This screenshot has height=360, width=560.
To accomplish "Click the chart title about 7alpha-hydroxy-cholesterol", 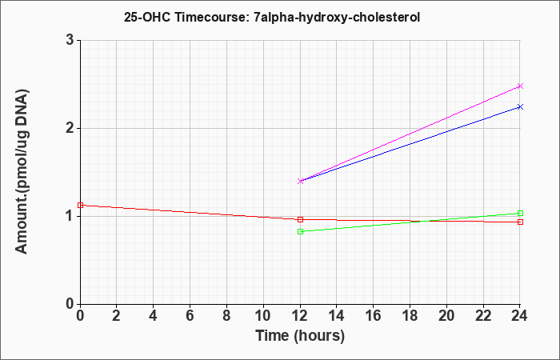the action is (x=272, y=17).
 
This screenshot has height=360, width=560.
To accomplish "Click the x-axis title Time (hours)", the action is (x=300, y=336).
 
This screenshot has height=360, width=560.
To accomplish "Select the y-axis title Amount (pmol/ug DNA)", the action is (x=22, y=171).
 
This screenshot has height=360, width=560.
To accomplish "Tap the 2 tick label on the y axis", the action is (x=70, y=128).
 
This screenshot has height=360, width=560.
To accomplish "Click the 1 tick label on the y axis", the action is (x=70, y=217).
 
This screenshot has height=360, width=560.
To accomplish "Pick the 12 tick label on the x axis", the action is (x=300, y=316).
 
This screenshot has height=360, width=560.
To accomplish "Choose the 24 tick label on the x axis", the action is (x=520, y=316).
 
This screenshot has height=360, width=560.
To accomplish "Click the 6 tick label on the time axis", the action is (x=190, y=316).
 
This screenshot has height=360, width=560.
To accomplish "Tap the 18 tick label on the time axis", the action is (x=410, y=316).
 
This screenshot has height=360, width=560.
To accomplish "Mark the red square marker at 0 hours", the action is (x=80, y=205).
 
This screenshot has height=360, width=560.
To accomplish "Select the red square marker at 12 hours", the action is (x=300, y=219).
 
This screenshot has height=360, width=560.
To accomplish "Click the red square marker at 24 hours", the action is (x=520, y=222).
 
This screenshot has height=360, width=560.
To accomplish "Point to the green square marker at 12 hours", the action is (x=300, y=231).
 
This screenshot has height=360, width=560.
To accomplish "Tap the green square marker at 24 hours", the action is (x=520, y=214).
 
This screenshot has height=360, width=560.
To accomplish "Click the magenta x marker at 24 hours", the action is (x=520, y=86).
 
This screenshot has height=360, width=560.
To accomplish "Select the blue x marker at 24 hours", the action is (x=520, y=106).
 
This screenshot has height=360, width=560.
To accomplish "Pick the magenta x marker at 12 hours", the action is (x=300, y=181).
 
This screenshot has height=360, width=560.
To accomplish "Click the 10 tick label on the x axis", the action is (x=263, y=316).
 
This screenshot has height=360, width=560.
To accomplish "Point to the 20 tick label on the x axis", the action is (x=446, y=316).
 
